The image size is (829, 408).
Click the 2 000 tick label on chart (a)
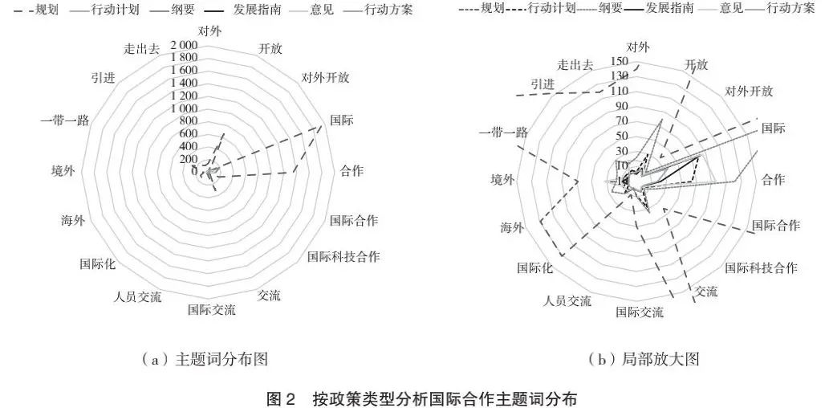[184, 45]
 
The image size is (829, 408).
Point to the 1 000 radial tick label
[184, 108]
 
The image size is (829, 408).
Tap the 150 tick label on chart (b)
[619, 61]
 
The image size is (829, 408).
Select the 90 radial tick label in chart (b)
[621, 106]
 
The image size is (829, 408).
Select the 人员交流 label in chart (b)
[567, 300]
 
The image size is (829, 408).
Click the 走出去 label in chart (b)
[575, 65]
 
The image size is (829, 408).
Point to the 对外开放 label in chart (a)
[325, 78]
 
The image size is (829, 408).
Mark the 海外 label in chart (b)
[512, 228]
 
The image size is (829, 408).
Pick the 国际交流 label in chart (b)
[640, 312]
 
